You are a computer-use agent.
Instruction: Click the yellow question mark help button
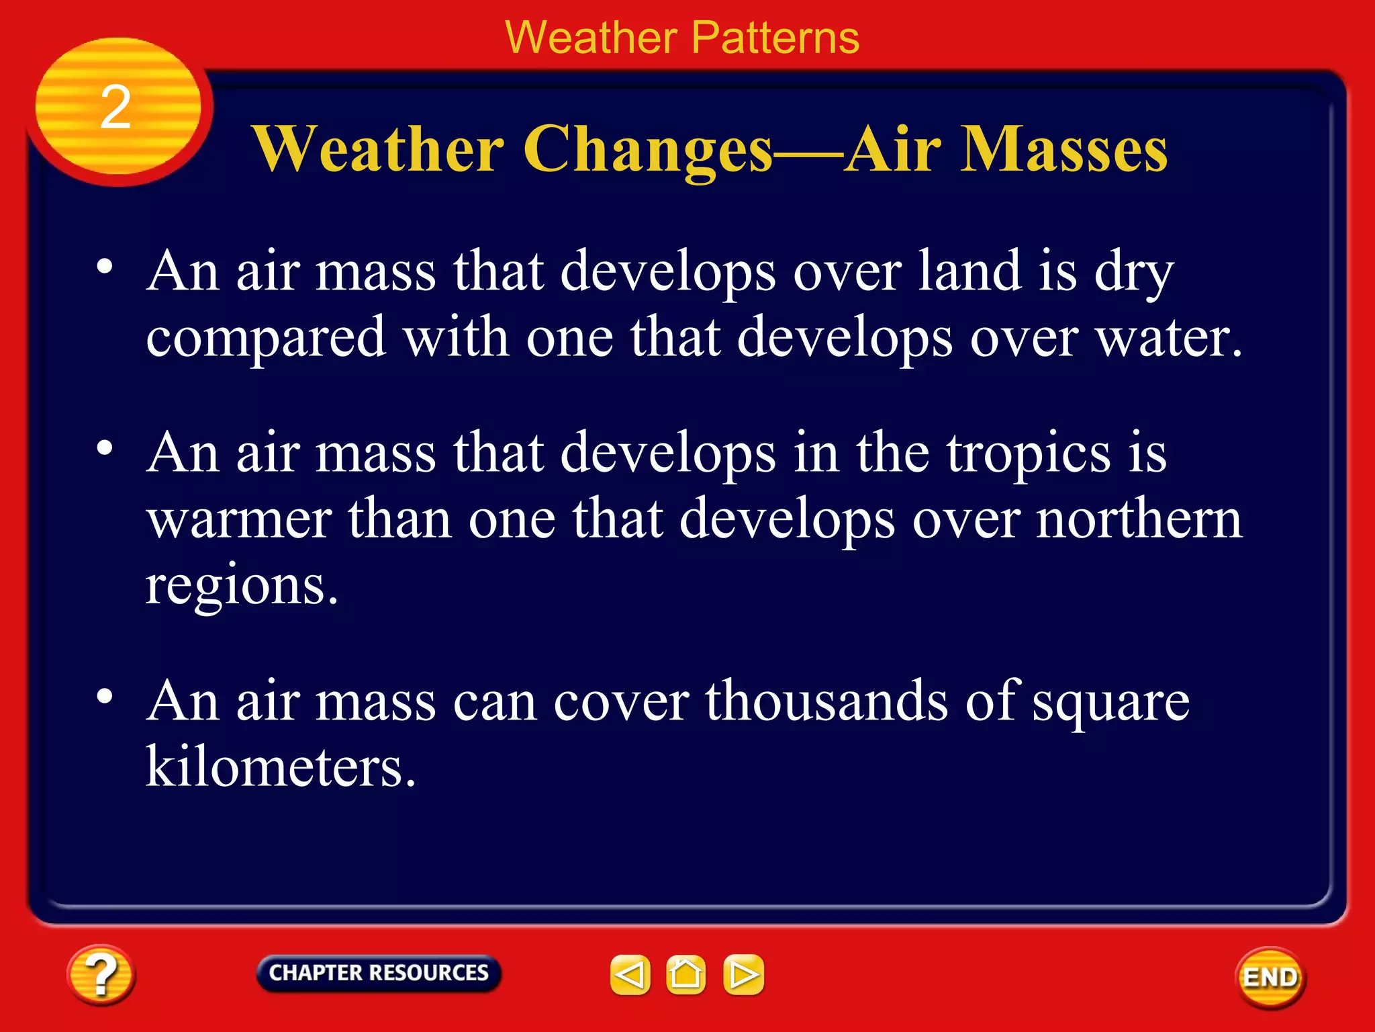point(101,974)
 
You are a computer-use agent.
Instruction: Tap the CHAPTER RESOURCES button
point(379,973)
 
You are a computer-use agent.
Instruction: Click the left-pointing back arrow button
point(630,974)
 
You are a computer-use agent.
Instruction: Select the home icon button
point(685,974)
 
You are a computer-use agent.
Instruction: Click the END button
point(1270,977)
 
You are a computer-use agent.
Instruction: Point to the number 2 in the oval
point(115,107)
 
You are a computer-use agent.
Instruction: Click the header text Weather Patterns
point(681,38)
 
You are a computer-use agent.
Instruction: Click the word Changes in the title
point(648,150)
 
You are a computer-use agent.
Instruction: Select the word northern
point(1139,519)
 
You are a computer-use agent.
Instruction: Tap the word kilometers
point(281,767)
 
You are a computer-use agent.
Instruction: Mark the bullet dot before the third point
point(104,697)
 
